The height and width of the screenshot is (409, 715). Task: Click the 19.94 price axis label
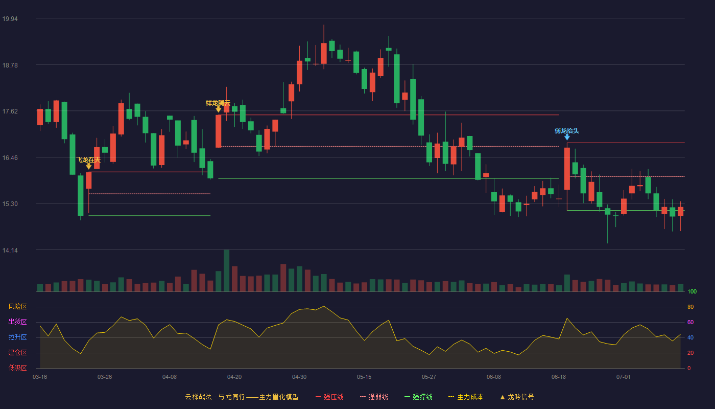(10, 19)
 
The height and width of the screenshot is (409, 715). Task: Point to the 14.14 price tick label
(10, 250)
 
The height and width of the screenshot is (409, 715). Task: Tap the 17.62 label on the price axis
(10, 111)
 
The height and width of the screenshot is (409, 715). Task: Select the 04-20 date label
(234, 377)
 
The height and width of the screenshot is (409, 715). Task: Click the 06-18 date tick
(559, 377)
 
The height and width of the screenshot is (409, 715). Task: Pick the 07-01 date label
(624, 377)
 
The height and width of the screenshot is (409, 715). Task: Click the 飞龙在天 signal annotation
(89, 160)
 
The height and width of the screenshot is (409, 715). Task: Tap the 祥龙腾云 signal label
(218, 103)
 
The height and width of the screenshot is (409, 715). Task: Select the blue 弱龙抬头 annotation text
(566, 131)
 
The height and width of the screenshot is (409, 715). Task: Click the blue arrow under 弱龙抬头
(567, 138)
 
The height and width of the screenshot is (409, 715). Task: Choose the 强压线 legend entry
(329, 397)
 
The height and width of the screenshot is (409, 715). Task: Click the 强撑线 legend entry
(418, 397)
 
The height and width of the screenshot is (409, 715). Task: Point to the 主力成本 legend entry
(466, 397)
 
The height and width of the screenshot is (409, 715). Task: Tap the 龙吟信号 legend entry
(517, 397)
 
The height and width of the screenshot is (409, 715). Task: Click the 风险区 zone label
(17, 307)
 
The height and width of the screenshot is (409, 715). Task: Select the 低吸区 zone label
(17, 368)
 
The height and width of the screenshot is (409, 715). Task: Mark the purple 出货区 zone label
(17, 322)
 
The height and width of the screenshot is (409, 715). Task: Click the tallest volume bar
(226, 270)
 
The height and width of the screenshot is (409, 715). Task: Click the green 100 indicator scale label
(692, 291)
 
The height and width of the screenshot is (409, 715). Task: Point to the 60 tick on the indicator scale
(690, 322)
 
